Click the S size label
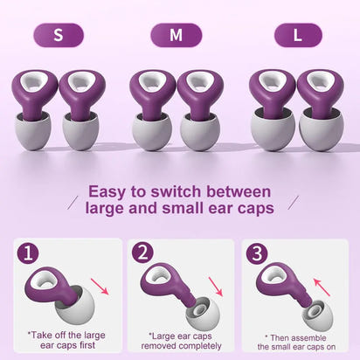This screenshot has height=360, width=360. click(x=59, y=35)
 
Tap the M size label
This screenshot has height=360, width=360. click(x=176, y=35)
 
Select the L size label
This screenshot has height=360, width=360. click(x=297, y=35)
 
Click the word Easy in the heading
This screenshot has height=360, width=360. click(x=113, y=191)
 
